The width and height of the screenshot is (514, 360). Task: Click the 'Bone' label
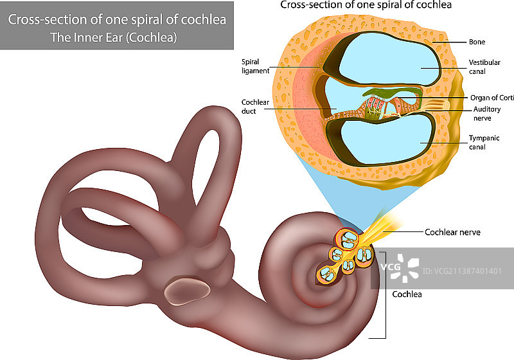(476, 42)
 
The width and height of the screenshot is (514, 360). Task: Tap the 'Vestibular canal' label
(481, 67)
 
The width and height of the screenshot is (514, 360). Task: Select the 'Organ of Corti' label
(492, 98)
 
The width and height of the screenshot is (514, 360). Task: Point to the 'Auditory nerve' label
(486, 114)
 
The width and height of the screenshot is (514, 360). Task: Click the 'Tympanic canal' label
(484, 142)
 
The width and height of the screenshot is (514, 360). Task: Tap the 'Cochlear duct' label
(253, 106)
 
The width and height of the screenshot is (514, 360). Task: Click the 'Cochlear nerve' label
(452, 232)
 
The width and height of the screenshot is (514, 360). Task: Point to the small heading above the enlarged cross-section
(366, 5)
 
